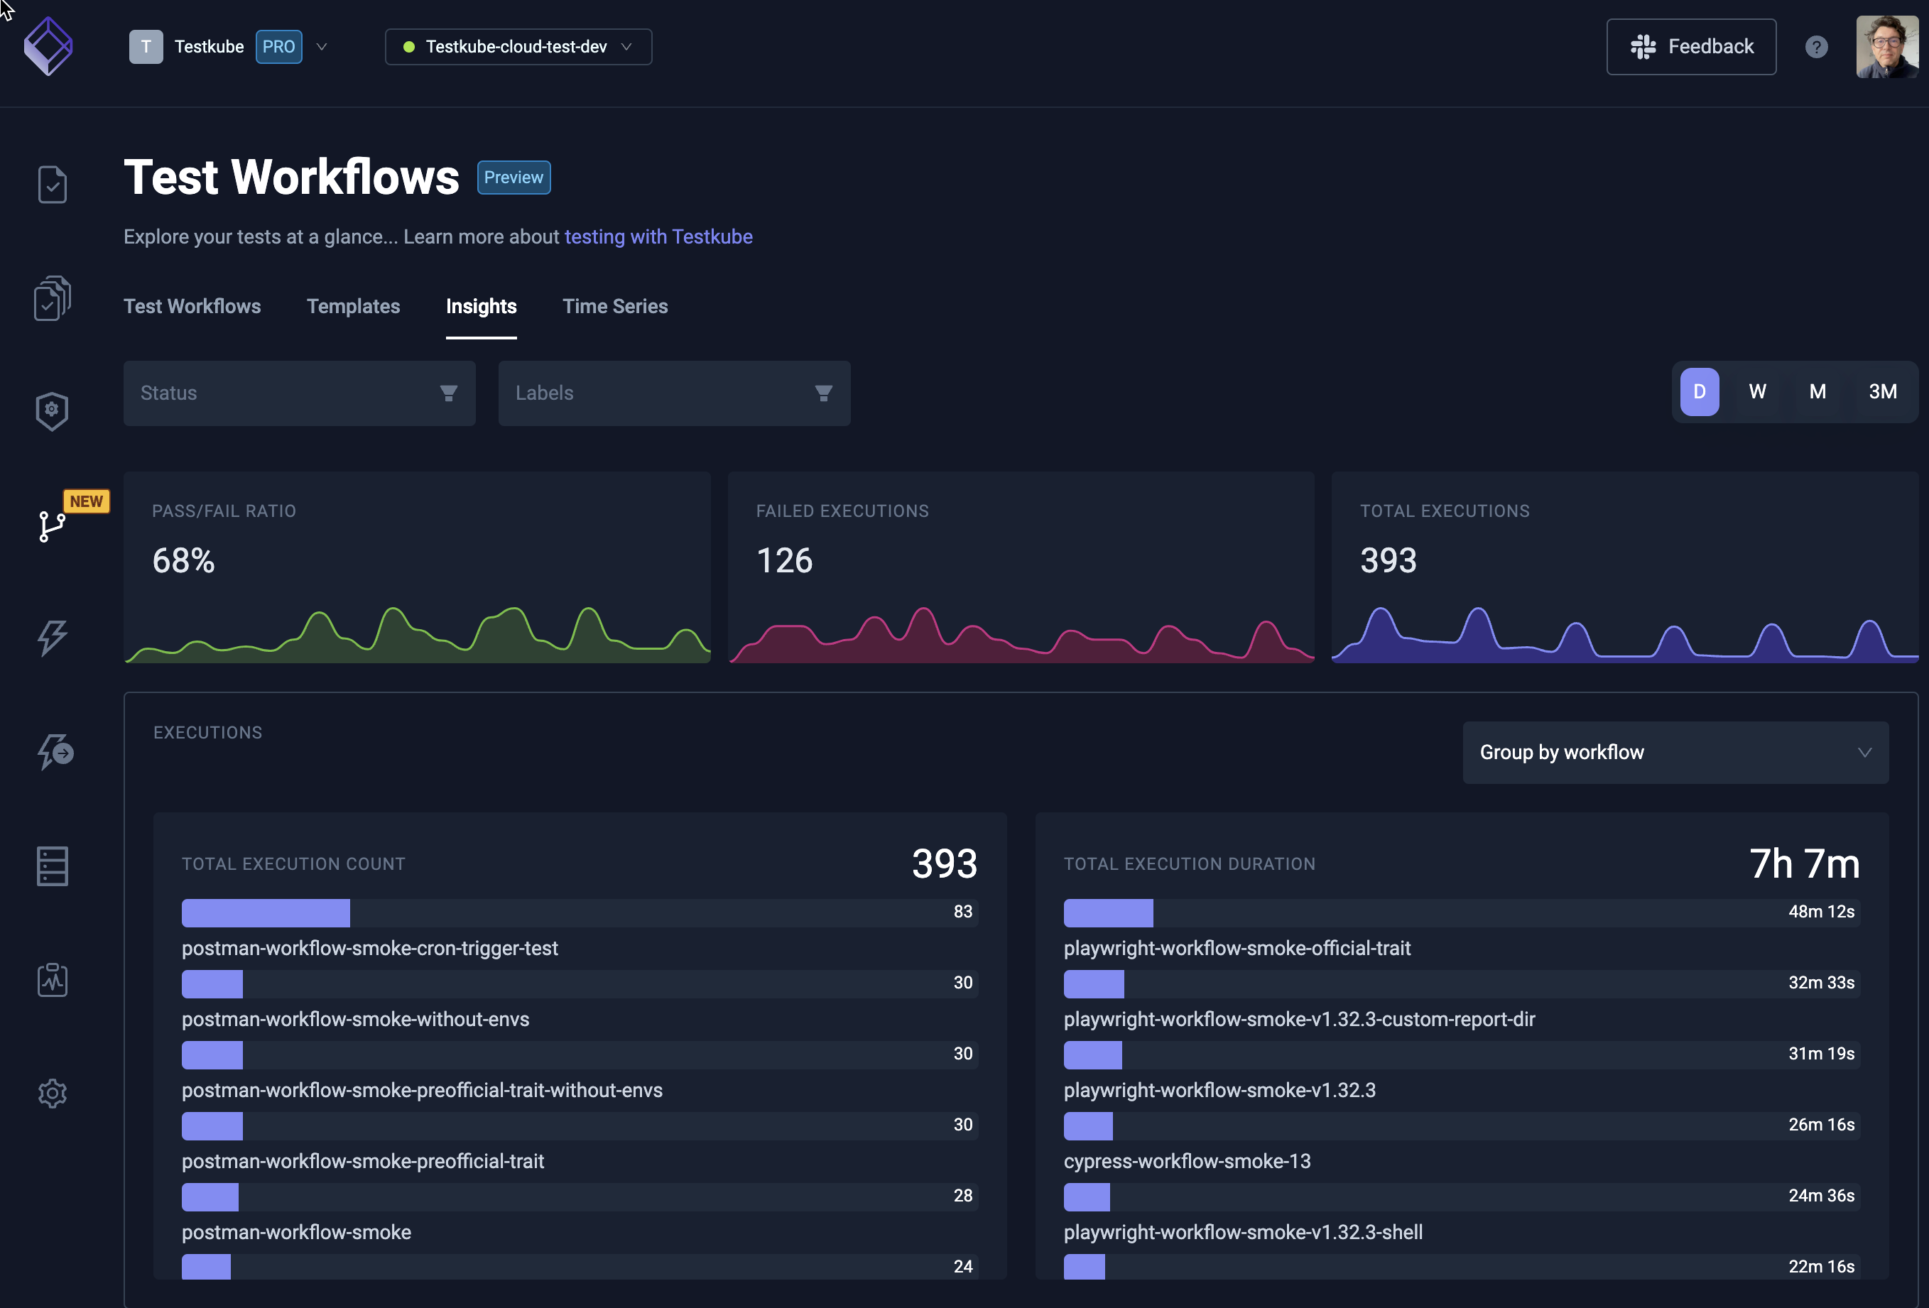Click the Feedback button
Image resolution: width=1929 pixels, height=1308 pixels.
coord(1691,46)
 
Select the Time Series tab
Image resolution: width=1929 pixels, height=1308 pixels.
coord(615,306)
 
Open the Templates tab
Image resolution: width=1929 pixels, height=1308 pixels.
coord(353,306)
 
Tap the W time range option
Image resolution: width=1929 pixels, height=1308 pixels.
coord(1757,392)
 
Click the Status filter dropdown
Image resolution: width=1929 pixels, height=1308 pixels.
coord(299,393)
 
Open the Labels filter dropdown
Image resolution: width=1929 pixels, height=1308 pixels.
coord(674,393)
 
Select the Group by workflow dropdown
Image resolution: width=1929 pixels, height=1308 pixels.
coord(1675,752)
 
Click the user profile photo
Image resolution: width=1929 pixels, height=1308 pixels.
coord(1886,46)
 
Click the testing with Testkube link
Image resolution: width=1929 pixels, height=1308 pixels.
coord(658,236)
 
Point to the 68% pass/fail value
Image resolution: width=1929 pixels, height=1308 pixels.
coord(183,561)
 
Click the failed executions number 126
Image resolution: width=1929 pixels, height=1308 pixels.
coord(784,561)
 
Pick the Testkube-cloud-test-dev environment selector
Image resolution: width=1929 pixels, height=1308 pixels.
coord(518,46)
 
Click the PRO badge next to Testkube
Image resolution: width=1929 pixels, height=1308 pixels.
coord(278,46)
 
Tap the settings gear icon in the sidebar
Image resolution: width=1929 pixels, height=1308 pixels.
coord(53,1093)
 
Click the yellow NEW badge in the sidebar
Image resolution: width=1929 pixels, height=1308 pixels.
coord(87,501)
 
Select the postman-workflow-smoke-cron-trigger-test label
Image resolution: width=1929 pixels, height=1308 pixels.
coord(369,948)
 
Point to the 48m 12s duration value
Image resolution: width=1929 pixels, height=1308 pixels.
coord(1820,911)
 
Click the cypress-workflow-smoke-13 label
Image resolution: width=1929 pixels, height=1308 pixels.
coord(1187,1161)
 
